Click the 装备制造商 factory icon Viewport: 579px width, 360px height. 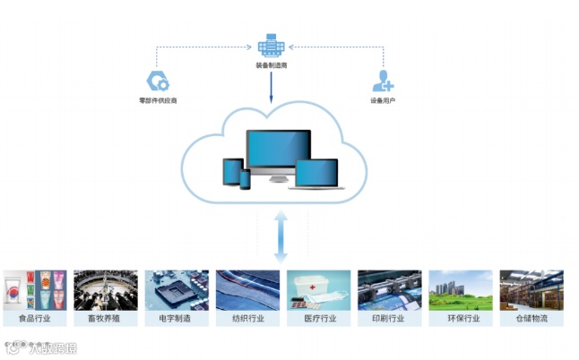[x=271, y=45]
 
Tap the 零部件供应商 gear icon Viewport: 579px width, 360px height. [x=159, y=82]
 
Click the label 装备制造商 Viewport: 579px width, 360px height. [x=271, y=65]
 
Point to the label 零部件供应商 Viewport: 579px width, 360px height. [x=159, y=101]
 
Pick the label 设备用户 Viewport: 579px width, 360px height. [x=383, y=101]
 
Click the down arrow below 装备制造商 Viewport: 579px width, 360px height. [x=271, y=86]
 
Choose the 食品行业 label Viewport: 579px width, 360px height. [x=35, y=319]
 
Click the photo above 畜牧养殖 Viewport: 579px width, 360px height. [x=106, y=290]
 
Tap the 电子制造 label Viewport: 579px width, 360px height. [x=177, y=319]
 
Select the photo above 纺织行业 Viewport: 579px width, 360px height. [x=247, y=290]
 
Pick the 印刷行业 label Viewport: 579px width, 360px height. [x=390, y=319]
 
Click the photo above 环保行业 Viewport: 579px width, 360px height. [x=461, y=290]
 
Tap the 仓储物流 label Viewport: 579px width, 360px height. [x=531, y=319]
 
